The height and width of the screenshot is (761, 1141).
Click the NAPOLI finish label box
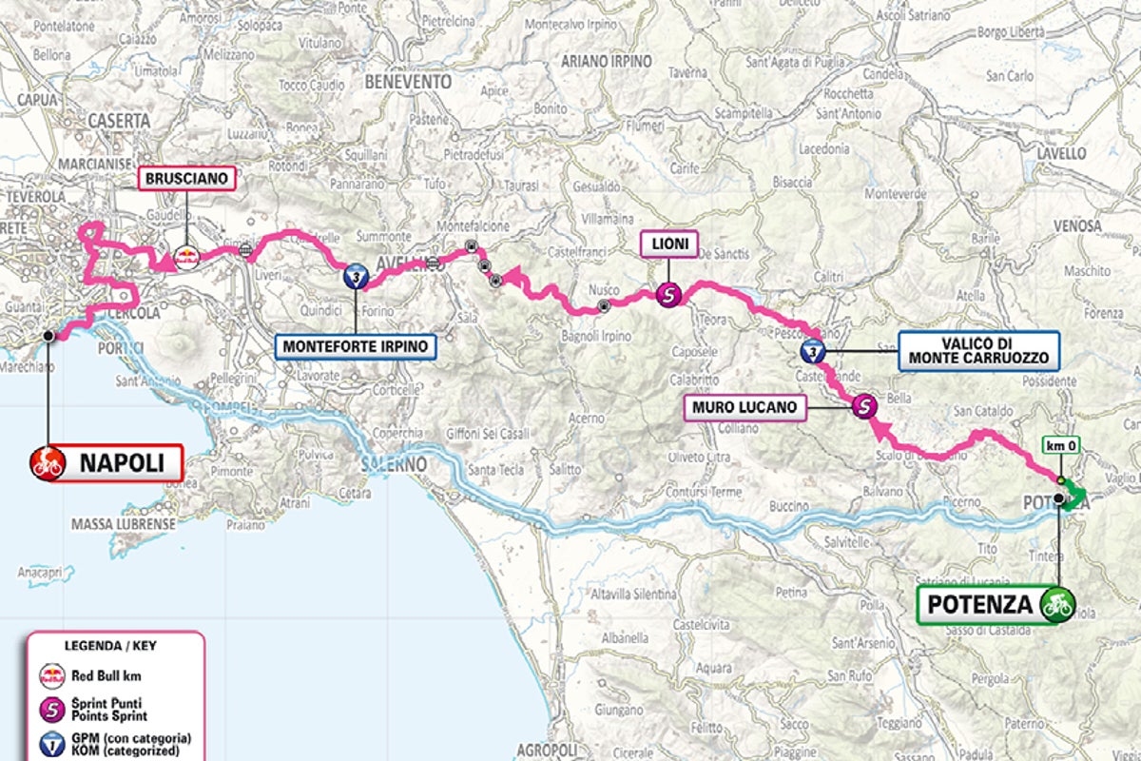point(106,464)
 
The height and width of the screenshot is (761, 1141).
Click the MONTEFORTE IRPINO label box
point(357,345)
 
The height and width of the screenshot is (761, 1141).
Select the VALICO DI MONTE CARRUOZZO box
point(978,351)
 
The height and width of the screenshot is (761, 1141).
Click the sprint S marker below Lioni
point(669,296)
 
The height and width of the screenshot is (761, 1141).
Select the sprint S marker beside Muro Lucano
point(863,406)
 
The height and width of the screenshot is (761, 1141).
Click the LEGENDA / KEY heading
point(109,646)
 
